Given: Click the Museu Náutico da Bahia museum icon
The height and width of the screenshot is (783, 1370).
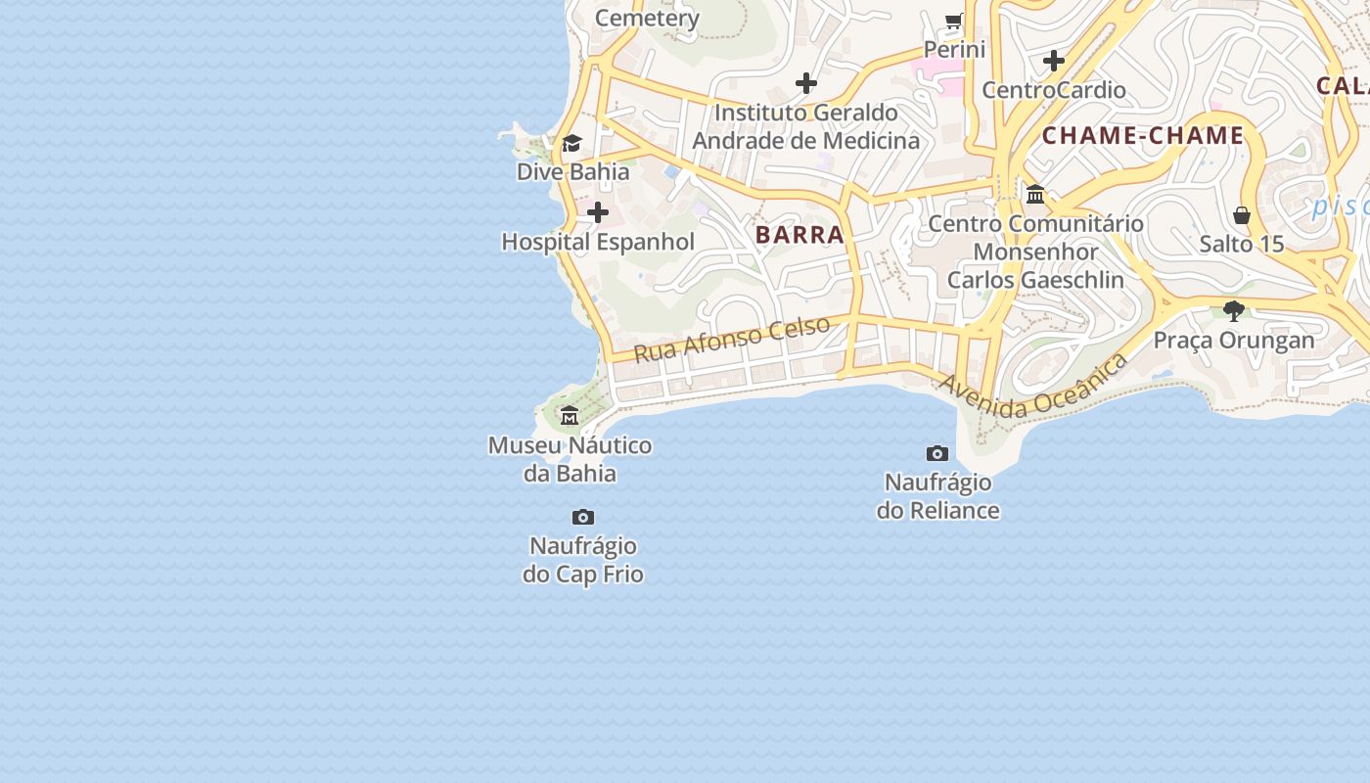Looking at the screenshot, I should (570, 416).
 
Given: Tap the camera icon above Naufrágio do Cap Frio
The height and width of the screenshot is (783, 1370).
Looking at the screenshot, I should (583, 517).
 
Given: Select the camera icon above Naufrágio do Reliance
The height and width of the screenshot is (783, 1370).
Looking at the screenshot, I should (937, 453).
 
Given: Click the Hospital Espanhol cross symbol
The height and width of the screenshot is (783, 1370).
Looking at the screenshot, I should (598, 212).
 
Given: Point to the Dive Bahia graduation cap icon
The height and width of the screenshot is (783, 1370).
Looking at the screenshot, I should (572, 144).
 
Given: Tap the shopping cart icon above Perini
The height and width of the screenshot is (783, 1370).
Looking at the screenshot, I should (954, 21).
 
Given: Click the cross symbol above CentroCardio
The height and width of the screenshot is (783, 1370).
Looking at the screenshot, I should (1054, 61).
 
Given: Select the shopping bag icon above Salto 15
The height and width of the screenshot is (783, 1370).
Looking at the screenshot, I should (1242, 215).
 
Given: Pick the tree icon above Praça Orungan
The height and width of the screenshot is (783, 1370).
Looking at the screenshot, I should (1234, 311).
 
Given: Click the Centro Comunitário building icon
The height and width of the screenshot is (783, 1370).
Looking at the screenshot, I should (1035, 195).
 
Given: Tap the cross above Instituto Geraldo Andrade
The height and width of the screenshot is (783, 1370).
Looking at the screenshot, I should (806, 83).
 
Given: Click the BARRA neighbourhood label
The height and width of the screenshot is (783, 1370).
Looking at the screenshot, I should (799, 235).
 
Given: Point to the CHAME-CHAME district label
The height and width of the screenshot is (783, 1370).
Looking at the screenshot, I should (1143, 136).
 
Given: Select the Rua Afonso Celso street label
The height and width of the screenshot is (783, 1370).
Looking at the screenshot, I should (732, 339).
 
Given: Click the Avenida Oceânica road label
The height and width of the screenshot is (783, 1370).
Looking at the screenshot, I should (1033, 389).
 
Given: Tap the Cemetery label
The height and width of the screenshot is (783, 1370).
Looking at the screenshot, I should (647, 18).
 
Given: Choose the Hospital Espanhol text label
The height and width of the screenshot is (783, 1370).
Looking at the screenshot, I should (598, 242).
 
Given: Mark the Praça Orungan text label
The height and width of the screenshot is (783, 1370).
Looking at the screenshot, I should (1234, 341).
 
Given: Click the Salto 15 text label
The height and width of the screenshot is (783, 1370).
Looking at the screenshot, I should (1242, 244).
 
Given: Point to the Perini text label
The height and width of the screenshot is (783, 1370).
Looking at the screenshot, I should (954, 49).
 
